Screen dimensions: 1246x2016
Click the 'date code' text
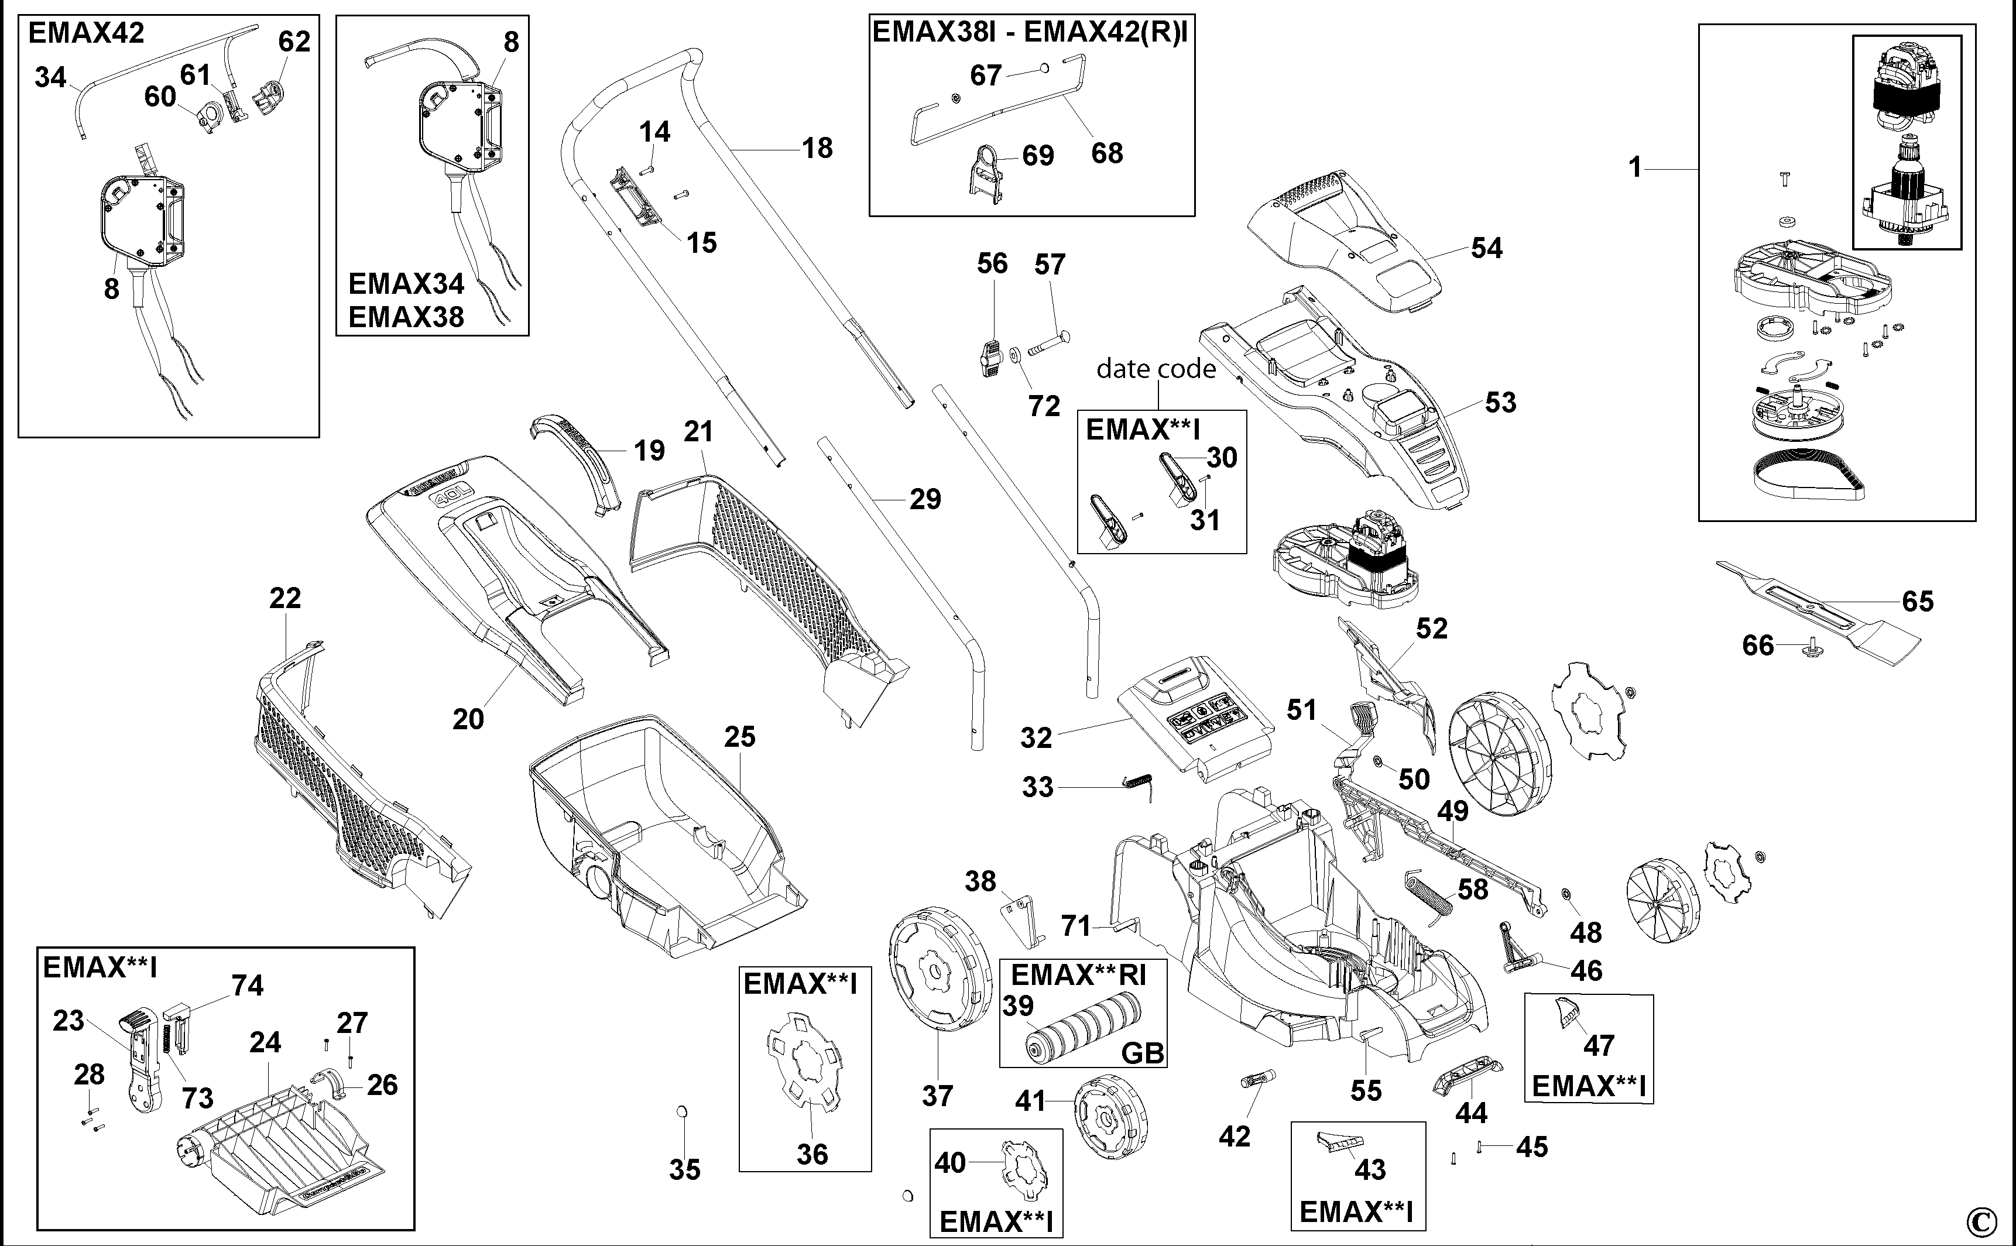(x=1156, y=368)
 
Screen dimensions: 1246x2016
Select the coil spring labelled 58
(x=1427, y=893)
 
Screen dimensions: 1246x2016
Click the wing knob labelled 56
(x=990, y=358)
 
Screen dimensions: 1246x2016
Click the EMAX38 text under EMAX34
(x=406, y=317)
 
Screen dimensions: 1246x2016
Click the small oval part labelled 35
(x=681, y=1113)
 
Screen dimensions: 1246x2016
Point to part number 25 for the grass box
(x=739, y=737)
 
